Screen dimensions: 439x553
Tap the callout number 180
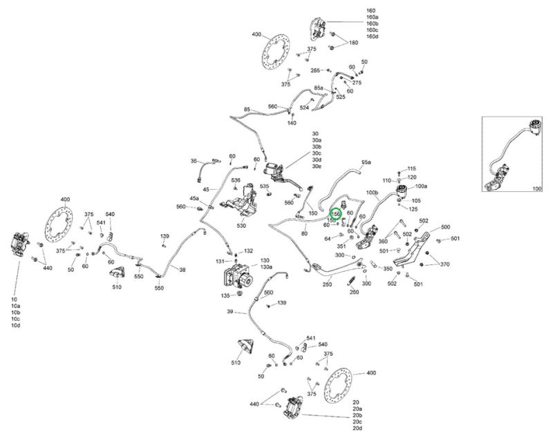click(354, 43)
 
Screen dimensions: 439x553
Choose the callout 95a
click(366, 162)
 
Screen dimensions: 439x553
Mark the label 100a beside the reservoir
click(420, 186)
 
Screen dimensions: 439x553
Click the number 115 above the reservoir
click(412, 168)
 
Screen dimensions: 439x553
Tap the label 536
click(236, 181)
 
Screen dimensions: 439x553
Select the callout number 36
click(194, 161)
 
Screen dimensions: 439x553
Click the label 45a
click(195, 199)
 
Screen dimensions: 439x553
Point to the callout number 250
click(327, 284)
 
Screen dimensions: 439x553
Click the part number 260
click(355, 291)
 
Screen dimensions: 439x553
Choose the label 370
click(444, 264)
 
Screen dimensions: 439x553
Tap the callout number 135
click(225, 295)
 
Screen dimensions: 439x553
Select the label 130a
click(266, 268)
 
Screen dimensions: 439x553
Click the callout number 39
click(229, 311)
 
